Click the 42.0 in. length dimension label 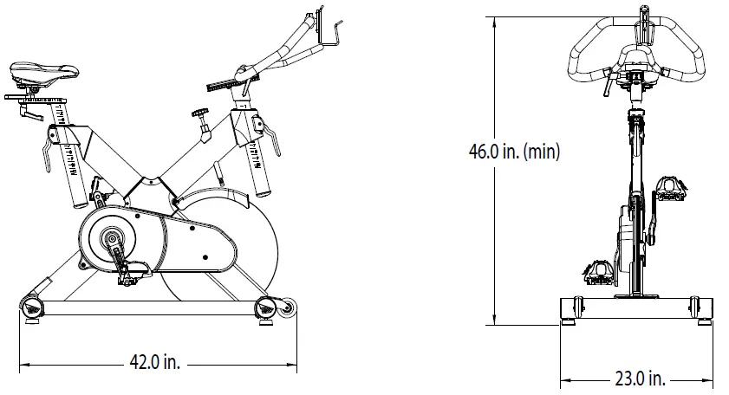156,363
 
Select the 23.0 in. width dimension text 641,379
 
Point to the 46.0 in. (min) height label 514,152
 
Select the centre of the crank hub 111,236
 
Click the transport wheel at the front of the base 287,306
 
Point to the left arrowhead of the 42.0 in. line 23,364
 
